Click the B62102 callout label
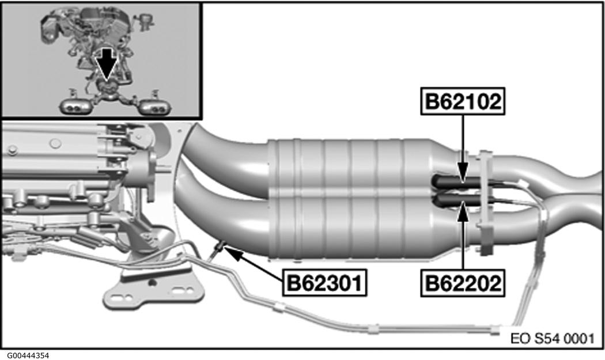(463, 102)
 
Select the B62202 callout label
(463, 284)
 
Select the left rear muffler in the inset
(74, 106)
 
